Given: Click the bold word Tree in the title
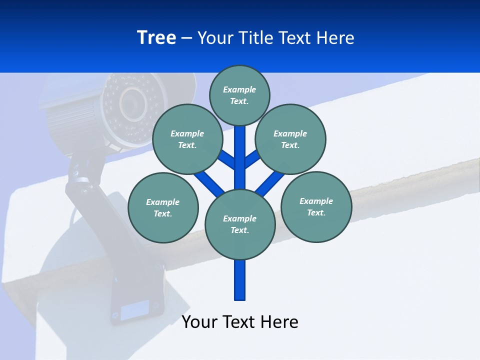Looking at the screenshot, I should [x=156, y=38].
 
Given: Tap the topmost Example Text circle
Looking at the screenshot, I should [x=239, y=95].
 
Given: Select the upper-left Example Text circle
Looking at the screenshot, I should [x=187, y=139].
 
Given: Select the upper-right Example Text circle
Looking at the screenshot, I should [x=290, y=139].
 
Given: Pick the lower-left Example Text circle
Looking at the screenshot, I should [x=163, y=207].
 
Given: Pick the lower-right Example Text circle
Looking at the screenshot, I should [x=316, y=206].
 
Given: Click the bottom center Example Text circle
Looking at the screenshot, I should [x=240, y=224].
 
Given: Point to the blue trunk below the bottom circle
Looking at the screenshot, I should [x=240, y=280].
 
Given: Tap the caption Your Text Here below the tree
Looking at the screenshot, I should [x=240, y=322].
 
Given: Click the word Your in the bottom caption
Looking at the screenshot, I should [x=200, y=322].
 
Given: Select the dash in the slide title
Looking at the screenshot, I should [x=186, y=38].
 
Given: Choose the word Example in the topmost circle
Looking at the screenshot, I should [x=239, y=89].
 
